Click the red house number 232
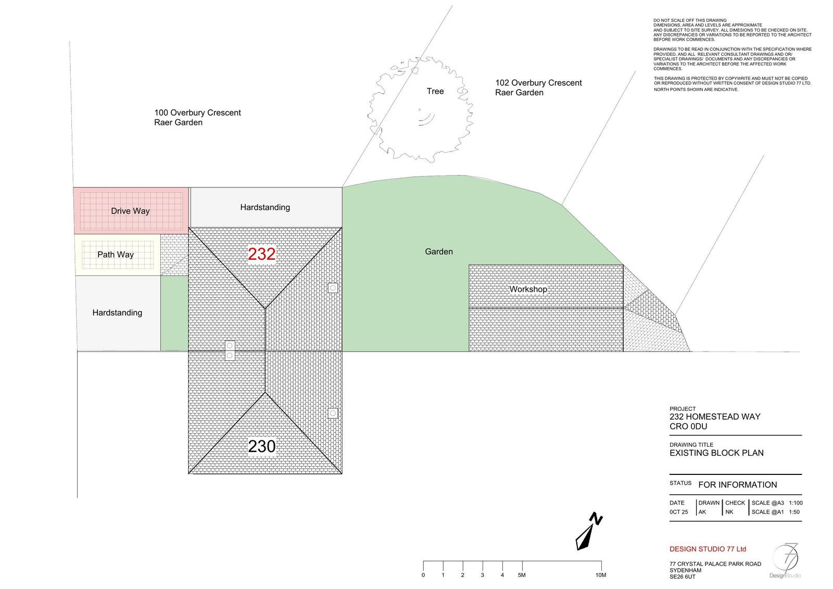261,254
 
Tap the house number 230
261,446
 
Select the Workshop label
528,289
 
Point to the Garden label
439,252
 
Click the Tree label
435,91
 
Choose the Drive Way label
130,211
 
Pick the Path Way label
115,255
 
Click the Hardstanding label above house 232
265,208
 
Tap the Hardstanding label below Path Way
117,313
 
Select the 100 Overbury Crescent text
197,112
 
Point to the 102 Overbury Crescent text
538,83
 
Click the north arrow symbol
589,531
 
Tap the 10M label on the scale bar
601,575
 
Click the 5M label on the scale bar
522,575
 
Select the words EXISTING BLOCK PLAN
716,453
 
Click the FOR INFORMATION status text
737,485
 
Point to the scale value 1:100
796,503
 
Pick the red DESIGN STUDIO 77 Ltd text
708,549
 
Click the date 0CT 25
679,512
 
